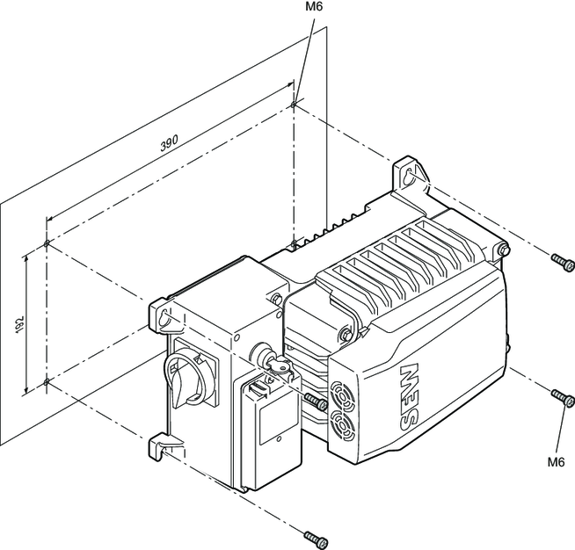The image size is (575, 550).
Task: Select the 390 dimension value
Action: pyautogui.click(x=169, y=146)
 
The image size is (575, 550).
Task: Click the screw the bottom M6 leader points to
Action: pyautogui.click(x=559, y=397)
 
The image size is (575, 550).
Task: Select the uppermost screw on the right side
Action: pyautogui.click(x=559, y=260)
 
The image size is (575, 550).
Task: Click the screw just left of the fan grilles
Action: pyautogui.click(x=316, y=402)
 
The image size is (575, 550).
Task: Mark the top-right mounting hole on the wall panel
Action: pyautogui.click(x=293, y=105)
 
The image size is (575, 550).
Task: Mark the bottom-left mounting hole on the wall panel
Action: pyautogui.click(x=45, y=382)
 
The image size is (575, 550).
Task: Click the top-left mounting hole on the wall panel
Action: pyautogui.click(x=46, y=243)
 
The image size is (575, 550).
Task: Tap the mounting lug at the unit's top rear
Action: pyautogui.click(x=408, y=171)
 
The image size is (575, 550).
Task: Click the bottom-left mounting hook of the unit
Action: pyautogui.click(x=159, y=447)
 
